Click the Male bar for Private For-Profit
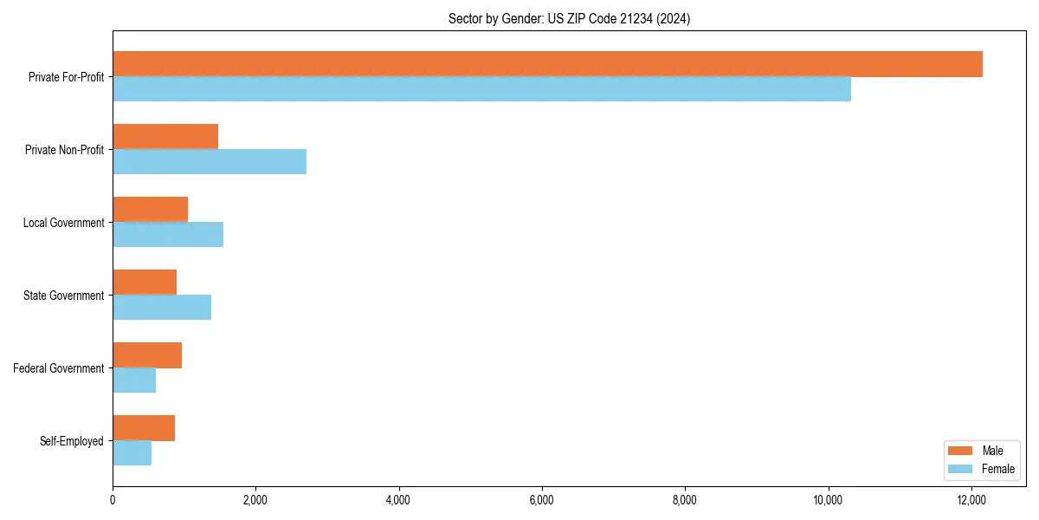click(547, 64)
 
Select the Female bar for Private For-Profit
click(481, 89)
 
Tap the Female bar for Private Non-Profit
click(210, 162)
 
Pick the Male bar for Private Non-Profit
click(165, 137)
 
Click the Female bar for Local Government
click(168, 235)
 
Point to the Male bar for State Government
click(145, 283)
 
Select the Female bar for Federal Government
click(134, 380)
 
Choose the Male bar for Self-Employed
click(144, 428)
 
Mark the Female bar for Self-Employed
click(132, 453)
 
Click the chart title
click(569, 18)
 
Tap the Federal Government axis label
click(58, 368)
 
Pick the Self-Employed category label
click(71, 441)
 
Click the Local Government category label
click(63, 223)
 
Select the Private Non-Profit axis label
click(64, 150)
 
